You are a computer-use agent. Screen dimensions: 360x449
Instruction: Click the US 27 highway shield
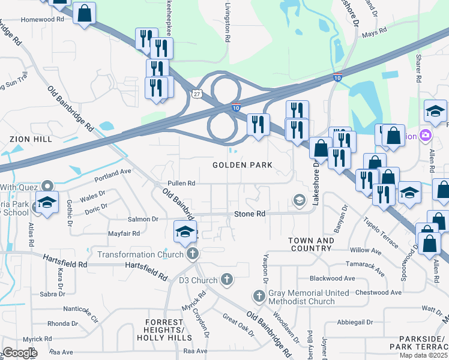pyautogui.click(x=196, y=94)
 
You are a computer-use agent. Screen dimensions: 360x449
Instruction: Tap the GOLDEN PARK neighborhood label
pyautogui.click(x=243, y=164)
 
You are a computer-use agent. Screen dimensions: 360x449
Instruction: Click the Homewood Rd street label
pyautogui.click(x=42, y=19)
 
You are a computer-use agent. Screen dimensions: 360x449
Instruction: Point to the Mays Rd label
pyautogui.click(x=373, y=35)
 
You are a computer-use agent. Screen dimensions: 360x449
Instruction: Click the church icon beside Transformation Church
pyautogui.click(x=192, y=254)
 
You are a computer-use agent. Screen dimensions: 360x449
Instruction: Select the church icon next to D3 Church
pyautogui.click(x=226, y=279)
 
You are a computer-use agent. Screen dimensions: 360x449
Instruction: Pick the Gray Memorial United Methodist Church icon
pyautogui.click(x=259, y=296)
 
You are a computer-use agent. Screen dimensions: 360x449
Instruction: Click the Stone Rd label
pyautogui.click(x=249, y=214)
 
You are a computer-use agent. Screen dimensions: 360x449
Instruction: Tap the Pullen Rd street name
pyautogui.click(x=182, y=183)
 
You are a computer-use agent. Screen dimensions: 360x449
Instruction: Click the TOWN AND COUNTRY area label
pyautogui.click(x=311, y=244)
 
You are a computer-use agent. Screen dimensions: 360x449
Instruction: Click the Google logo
pyautogui.click(x=20, y=353)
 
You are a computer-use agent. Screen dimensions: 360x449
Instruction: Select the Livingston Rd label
pyautogui.click(x=227, y=24)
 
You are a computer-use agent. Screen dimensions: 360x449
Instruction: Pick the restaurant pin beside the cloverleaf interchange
pyautogui.click(x=258, y=125)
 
